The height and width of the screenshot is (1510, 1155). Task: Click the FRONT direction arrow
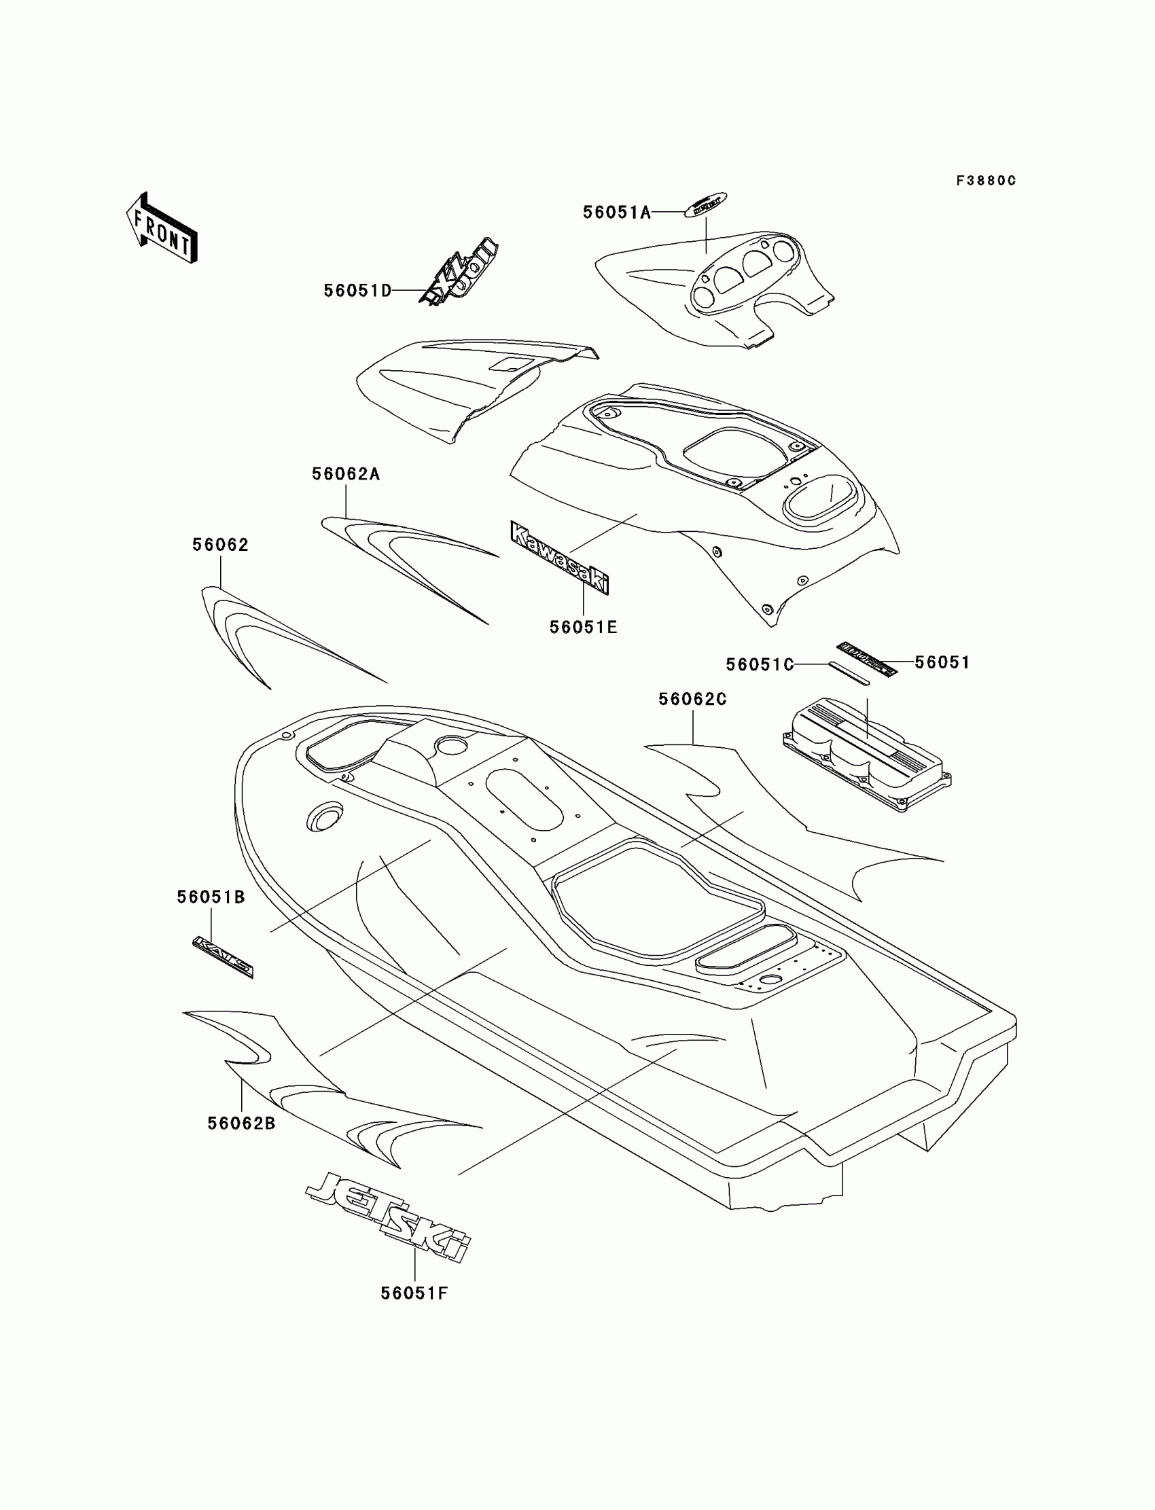(162, 229)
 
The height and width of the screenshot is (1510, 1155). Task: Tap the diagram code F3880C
(985, 181)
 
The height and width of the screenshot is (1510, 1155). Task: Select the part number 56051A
(617, 213)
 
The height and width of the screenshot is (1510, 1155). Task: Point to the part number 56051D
(357, 291)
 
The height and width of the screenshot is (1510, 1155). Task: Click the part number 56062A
(346, 474)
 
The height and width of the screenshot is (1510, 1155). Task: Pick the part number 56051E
(583, 628)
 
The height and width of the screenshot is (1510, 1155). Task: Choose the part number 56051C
(760, 664)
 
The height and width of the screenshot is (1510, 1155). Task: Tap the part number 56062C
(692, 699)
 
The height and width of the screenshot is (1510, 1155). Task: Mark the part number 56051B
(211, 897)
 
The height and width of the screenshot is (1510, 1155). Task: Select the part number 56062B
(241, 1123)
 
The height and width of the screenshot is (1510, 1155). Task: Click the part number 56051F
(414, 1293)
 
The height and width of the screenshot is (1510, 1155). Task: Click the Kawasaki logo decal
(559, 558)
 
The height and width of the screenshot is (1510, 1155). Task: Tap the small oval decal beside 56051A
(705, 205)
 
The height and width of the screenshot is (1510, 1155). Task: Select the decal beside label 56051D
(459, 272)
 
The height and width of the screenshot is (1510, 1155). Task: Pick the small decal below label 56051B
(223, 956)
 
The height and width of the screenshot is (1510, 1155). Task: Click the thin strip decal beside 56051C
(849, 673)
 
